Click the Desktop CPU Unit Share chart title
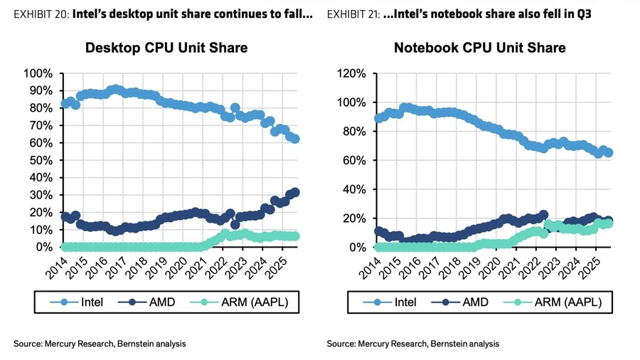point(166,48)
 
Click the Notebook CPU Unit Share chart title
point(480,48)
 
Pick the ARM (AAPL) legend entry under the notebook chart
point(559,302)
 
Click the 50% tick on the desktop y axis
point(39,160)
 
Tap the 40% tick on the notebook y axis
point(353,189)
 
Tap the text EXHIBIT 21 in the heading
point(351,14)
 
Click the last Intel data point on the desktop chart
point(295,139)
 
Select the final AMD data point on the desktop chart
point(295,192)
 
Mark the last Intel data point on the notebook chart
point(609,153)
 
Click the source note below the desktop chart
point(100,344)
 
